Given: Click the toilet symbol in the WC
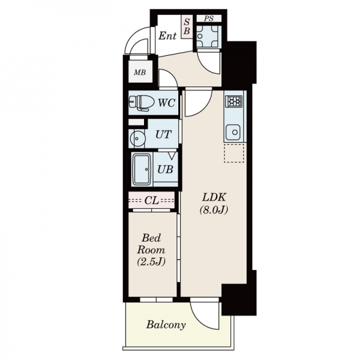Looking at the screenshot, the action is (142, 103).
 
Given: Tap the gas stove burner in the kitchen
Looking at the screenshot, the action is (234, 101).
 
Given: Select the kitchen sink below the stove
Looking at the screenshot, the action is (233, 133).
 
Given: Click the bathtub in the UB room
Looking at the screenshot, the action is (142, 169).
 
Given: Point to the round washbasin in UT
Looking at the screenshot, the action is (137, 139).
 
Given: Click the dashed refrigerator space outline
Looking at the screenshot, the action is (234, 153).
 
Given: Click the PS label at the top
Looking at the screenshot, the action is (209, 19).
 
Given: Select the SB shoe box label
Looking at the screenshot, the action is (187, 26).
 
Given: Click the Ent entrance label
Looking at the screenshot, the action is (167, 36).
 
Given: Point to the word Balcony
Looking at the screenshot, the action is (166, 325).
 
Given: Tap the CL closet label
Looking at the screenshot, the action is (152, 200).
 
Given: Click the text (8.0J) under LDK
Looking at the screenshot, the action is (214, 209).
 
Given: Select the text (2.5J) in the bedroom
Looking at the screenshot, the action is (151, 262).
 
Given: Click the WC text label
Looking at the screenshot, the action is (166, 103).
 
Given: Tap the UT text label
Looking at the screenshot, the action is (163, 134).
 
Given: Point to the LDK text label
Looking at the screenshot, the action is (214, 197).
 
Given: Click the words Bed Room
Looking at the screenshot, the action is (151, 244).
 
